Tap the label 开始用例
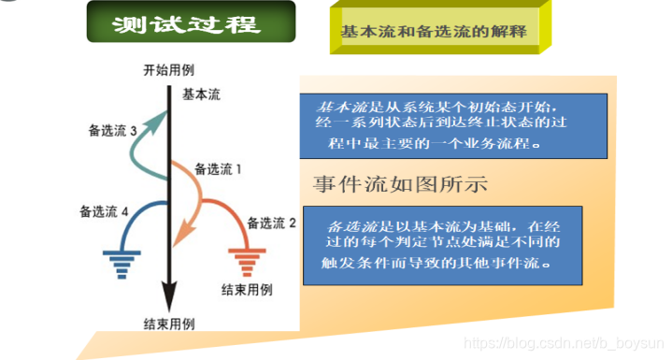click(x=169, y=71)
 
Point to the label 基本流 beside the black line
click(x=202, y=94)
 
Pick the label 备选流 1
click(x=219, y=169)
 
